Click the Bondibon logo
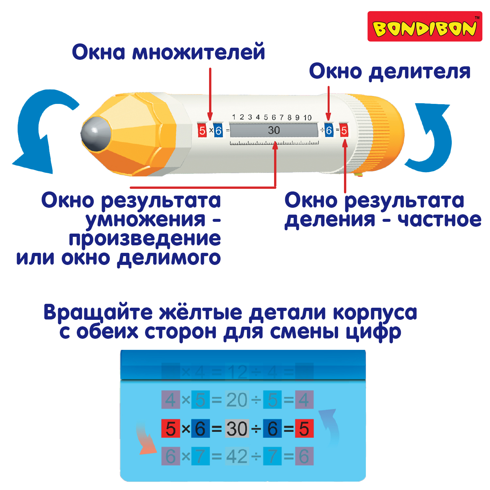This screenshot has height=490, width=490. [x=425, y=27]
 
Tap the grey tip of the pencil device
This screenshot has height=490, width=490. [x=95, y=134]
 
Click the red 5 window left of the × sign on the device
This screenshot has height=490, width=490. [x=202, y=131]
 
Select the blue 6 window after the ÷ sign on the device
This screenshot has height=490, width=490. [x=329, y=130]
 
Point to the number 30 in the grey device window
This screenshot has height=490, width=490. [x=274, y=130]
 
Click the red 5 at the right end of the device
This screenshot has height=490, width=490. [x=344, y=131]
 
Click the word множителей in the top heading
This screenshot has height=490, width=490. [x=198, y=52]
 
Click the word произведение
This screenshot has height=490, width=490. [x=145, y=239]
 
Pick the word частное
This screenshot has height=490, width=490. [x=439, y=220]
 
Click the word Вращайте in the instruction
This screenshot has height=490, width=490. [x=98, y=313]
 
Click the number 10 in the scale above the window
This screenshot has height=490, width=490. [x=307, y=118]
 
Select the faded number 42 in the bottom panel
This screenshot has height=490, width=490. [x=237, y=456]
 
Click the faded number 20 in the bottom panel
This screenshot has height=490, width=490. [x=237, y=400]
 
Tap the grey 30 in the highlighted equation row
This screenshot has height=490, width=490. [x=237, y=429]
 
